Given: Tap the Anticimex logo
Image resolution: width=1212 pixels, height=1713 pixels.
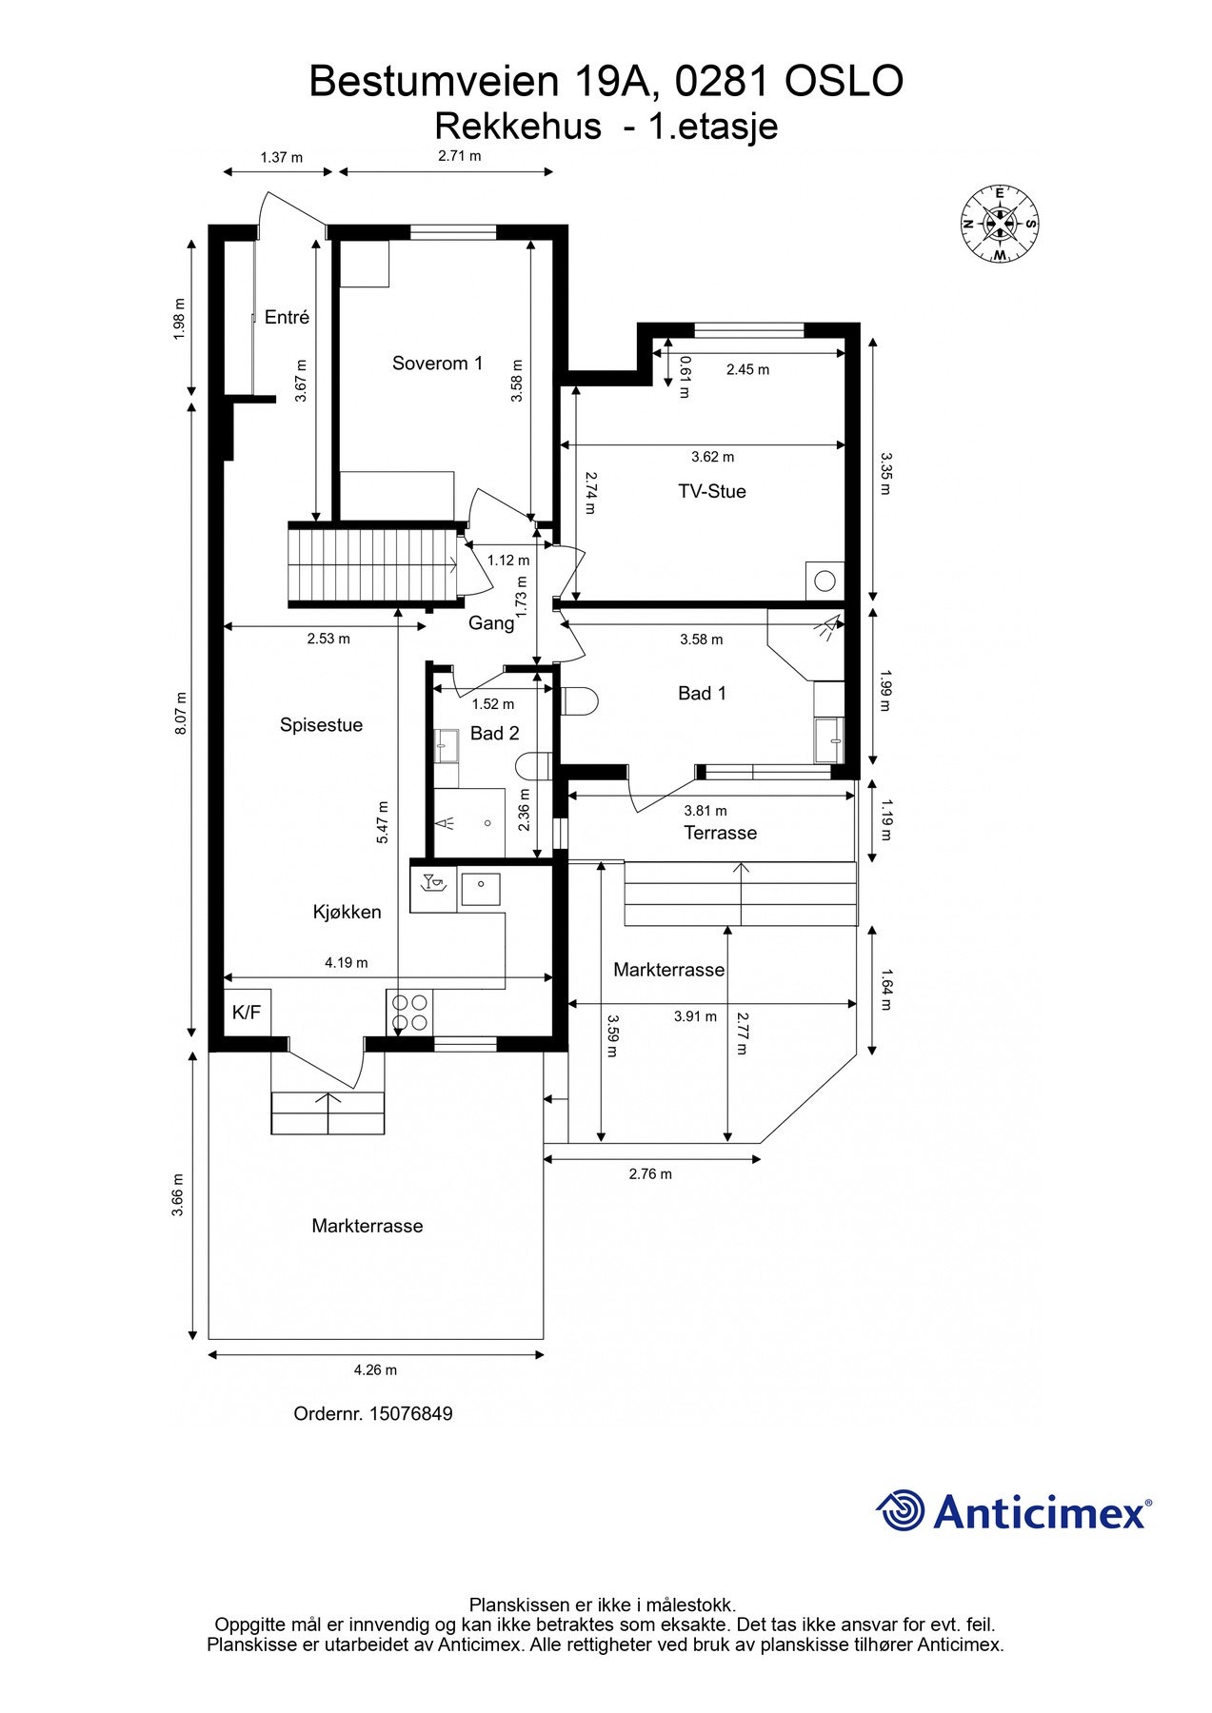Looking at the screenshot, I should (x=1013, y=1512).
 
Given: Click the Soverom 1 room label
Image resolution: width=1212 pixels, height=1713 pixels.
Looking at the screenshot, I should (x=437, y=364).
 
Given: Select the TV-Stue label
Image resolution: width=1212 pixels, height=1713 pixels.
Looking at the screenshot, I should (x=711, y=492).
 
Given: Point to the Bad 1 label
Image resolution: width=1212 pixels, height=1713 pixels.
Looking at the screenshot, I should (x=702, y=694).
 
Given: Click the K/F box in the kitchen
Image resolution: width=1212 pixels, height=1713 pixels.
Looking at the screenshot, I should (x=246, y=1013).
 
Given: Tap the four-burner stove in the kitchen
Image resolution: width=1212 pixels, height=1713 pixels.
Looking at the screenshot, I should (x=409, y=1013).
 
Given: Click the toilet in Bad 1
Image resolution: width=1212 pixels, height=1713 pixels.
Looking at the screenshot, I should (x=580, y=701).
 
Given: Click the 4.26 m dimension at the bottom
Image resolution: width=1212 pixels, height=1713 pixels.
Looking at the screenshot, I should (x=375, y=1370).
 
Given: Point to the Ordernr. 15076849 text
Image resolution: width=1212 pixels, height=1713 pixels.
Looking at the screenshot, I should (x=373, y=1414).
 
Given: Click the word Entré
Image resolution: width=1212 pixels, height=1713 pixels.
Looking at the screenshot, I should (x=287, y=318).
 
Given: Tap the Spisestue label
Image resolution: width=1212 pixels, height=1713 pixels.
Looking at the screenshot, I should (x=321, y=725).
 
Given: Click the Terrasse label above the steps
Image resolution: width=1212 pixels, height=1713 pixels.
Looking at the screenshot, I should (x=720, y=834).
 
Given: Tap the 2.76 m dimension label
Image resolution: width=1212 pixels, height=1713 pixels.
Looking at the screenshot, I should (x=650, y=1174).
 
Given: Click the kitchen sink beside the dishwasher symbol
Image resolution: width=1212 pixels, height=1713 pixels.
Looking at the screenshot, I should (x=482, y=889).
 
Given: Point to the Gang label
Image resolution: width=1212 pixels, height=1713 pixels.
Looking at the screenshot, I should (x=491, y=624).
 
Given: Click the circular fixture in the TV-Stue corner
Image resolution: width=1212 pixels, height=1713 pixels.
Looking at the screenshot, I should (x=825, y=580).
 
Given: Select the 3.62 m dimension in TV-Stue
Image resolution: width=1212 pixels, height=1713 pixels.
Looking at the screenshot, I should (x=712, y=457).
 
